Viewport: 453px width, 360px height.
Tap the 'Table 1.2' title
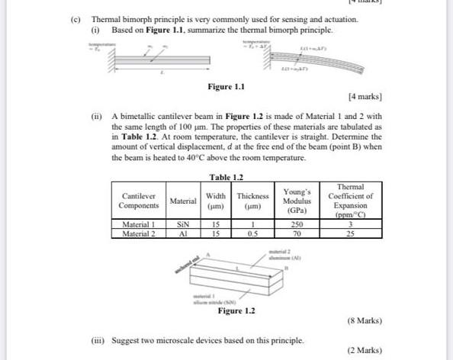click(226, 177)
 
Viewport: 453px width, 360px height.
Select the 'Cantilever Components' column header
click(138, 201)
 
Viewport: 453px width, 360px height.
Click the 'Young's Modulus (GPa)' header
click(297, 200)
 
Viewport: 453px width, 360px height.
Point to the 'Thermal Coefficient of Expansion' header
click(350, 201)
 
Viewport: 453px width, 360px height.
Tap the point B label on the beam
click(286, 268)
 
